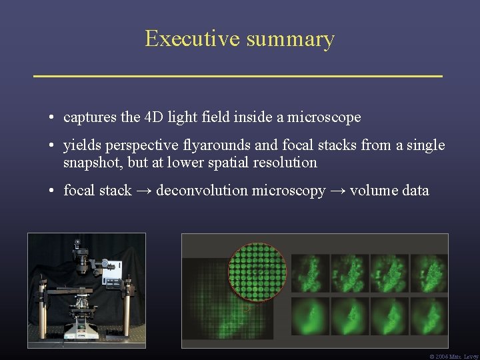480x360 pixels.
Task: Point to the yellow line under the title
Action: click(238, 77)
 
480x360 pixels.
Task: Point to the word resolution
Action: click(285, 163)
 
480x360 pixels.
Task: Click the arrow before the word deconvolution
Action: click(144, 191)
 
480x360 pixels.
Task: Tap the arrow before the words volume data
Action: click(337, 191)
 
